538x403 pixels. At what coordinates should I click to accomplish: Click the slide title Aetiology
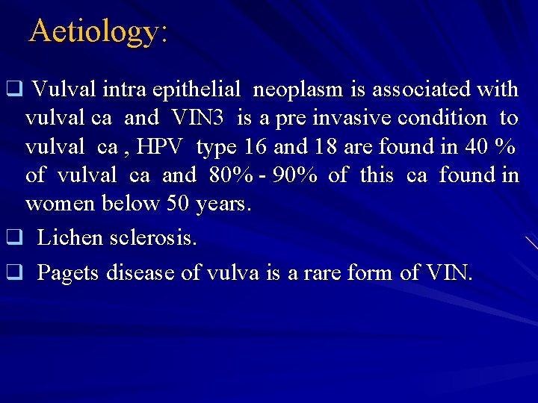pos(98,31)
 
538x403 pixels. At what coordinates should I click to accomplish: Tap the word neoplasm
pos(299,90)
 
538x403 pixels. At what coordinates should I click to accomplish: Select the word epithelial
pos(197,90)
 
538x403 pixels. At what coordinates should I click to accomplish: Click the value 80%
pos(230,175)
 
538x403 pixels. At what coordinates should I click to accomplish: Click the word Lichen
pos(68,238)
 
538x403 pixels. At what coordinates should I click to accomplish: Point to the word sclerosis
pos(152,238)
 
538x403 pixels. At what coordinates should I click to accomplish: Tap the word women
pos(57,203)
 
